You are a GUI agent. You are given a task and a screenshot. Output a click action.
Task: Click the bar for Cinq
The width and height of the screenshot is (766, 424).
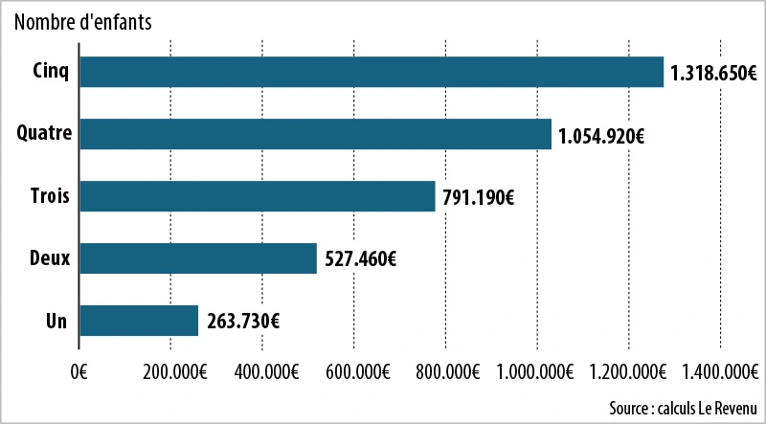pyautogui.click(x=372, y=73)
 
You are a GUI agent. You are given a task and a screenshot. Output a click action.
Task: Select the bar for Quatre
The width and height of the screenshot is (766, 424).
pyautogui.click(x=316, y=134)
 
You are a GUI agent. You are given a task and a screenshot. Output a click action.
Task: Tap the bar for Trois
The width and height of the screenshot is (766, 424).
pyautogui.click(x=258, y=196)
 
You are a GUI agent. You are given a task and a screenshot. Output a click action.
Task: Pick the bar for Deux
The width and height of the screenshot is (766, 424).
pyautogui.click(x=198, y=258)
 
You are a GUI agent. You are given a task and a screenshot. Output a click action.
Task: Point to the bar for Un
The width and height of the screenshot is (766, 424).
pyautogui.click(x=139, y=321)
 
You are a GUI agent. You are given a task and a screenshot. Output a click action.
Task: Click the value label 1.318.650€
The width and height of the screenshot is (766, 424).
pyautogui.click(x=714, y=74)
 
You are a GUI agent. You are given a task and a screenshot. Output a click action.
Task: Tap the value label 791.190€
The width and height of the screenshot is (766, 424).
pyautogui.click(x=479, y=198)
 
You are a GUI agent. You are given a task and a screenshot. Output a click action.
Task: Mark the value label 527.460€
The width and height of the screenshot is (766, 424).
pyautogui.click(x=360, y=259)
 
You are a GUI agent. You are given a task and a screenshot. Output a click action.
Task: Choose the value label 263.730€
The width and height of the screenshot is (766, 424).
pyautogui.click(x=241, y=322)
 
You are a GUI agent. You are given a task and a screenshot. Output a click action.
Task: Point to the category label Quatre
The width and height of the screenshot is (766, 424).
pyautogui.click(x=45, y=134)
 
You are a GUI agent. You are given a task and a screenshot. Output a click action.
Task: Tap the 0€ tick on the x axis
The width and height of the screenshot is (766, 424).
pyautogui.click(x=79, y=371)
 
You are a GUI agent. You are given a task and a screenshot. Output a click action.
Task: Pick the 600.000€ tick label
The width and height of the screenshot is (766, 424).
pyautogui.click(x=354, y=371)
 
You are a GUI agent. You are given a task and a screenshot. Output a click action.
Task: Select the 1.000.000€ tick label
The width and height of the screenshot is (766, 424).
pyautogui.click(x=537, y=371)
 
